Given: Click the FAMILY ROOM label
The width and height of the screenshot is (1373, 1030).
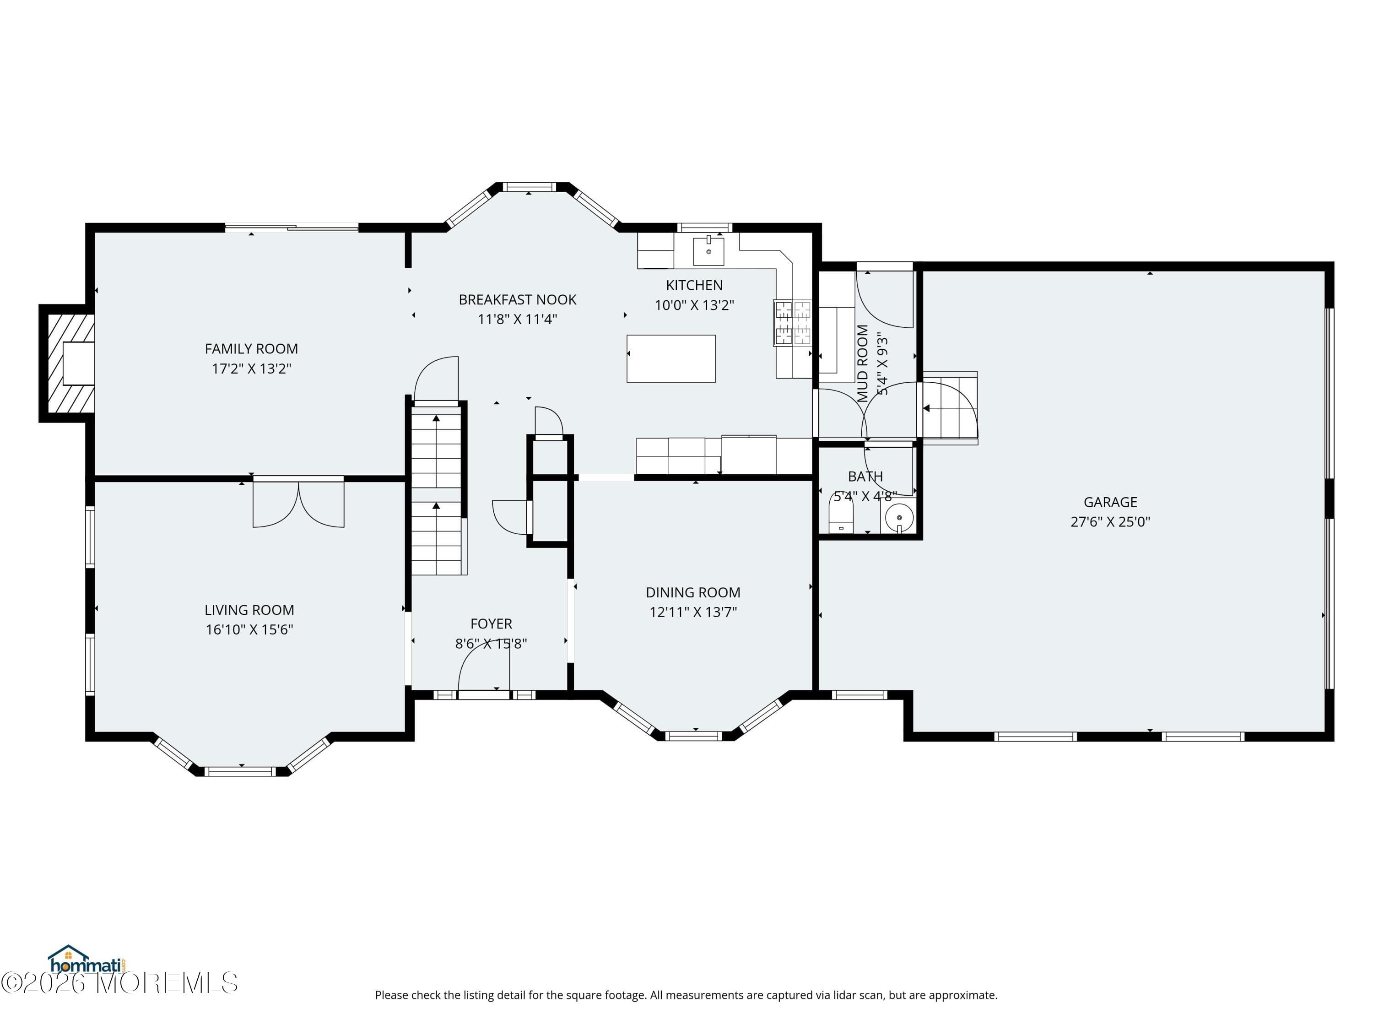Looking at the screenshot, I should point(251,349).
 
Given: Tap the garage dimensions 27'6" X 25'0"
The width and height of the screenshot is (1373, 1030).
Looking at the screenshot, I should point(1110,521).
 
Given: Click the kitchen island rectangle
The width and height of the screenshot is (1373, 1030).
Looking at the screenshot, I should point(671,358).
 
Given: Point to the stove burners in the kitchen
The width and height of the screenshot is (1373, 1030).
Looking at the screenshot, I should point(793,322).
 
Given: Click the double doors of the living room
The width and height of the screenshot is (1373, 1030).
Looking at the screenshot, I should point(298,503).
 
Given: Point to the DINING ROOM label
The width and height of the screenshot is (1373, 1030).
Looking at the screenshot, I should point(693,592).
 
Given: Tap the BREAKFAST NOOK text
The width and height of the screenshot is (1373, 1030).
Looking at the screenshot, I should point(517,300).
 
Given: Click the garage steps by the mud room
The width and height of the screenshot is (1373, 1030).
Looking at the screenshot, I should point(950,407).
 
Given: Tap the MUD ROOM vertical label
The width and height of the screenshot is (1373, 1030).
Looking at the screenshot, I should point(863,363).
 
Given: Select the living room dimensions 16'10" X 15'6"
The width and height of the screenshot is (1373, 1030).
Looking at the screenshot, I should point(249,629).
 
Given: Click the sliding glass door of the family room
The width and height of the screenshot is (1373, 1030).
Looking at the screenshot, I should point(292,228).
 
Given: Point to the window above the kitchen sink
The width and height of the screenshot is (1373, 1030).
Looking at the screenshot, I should point(704,227).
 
